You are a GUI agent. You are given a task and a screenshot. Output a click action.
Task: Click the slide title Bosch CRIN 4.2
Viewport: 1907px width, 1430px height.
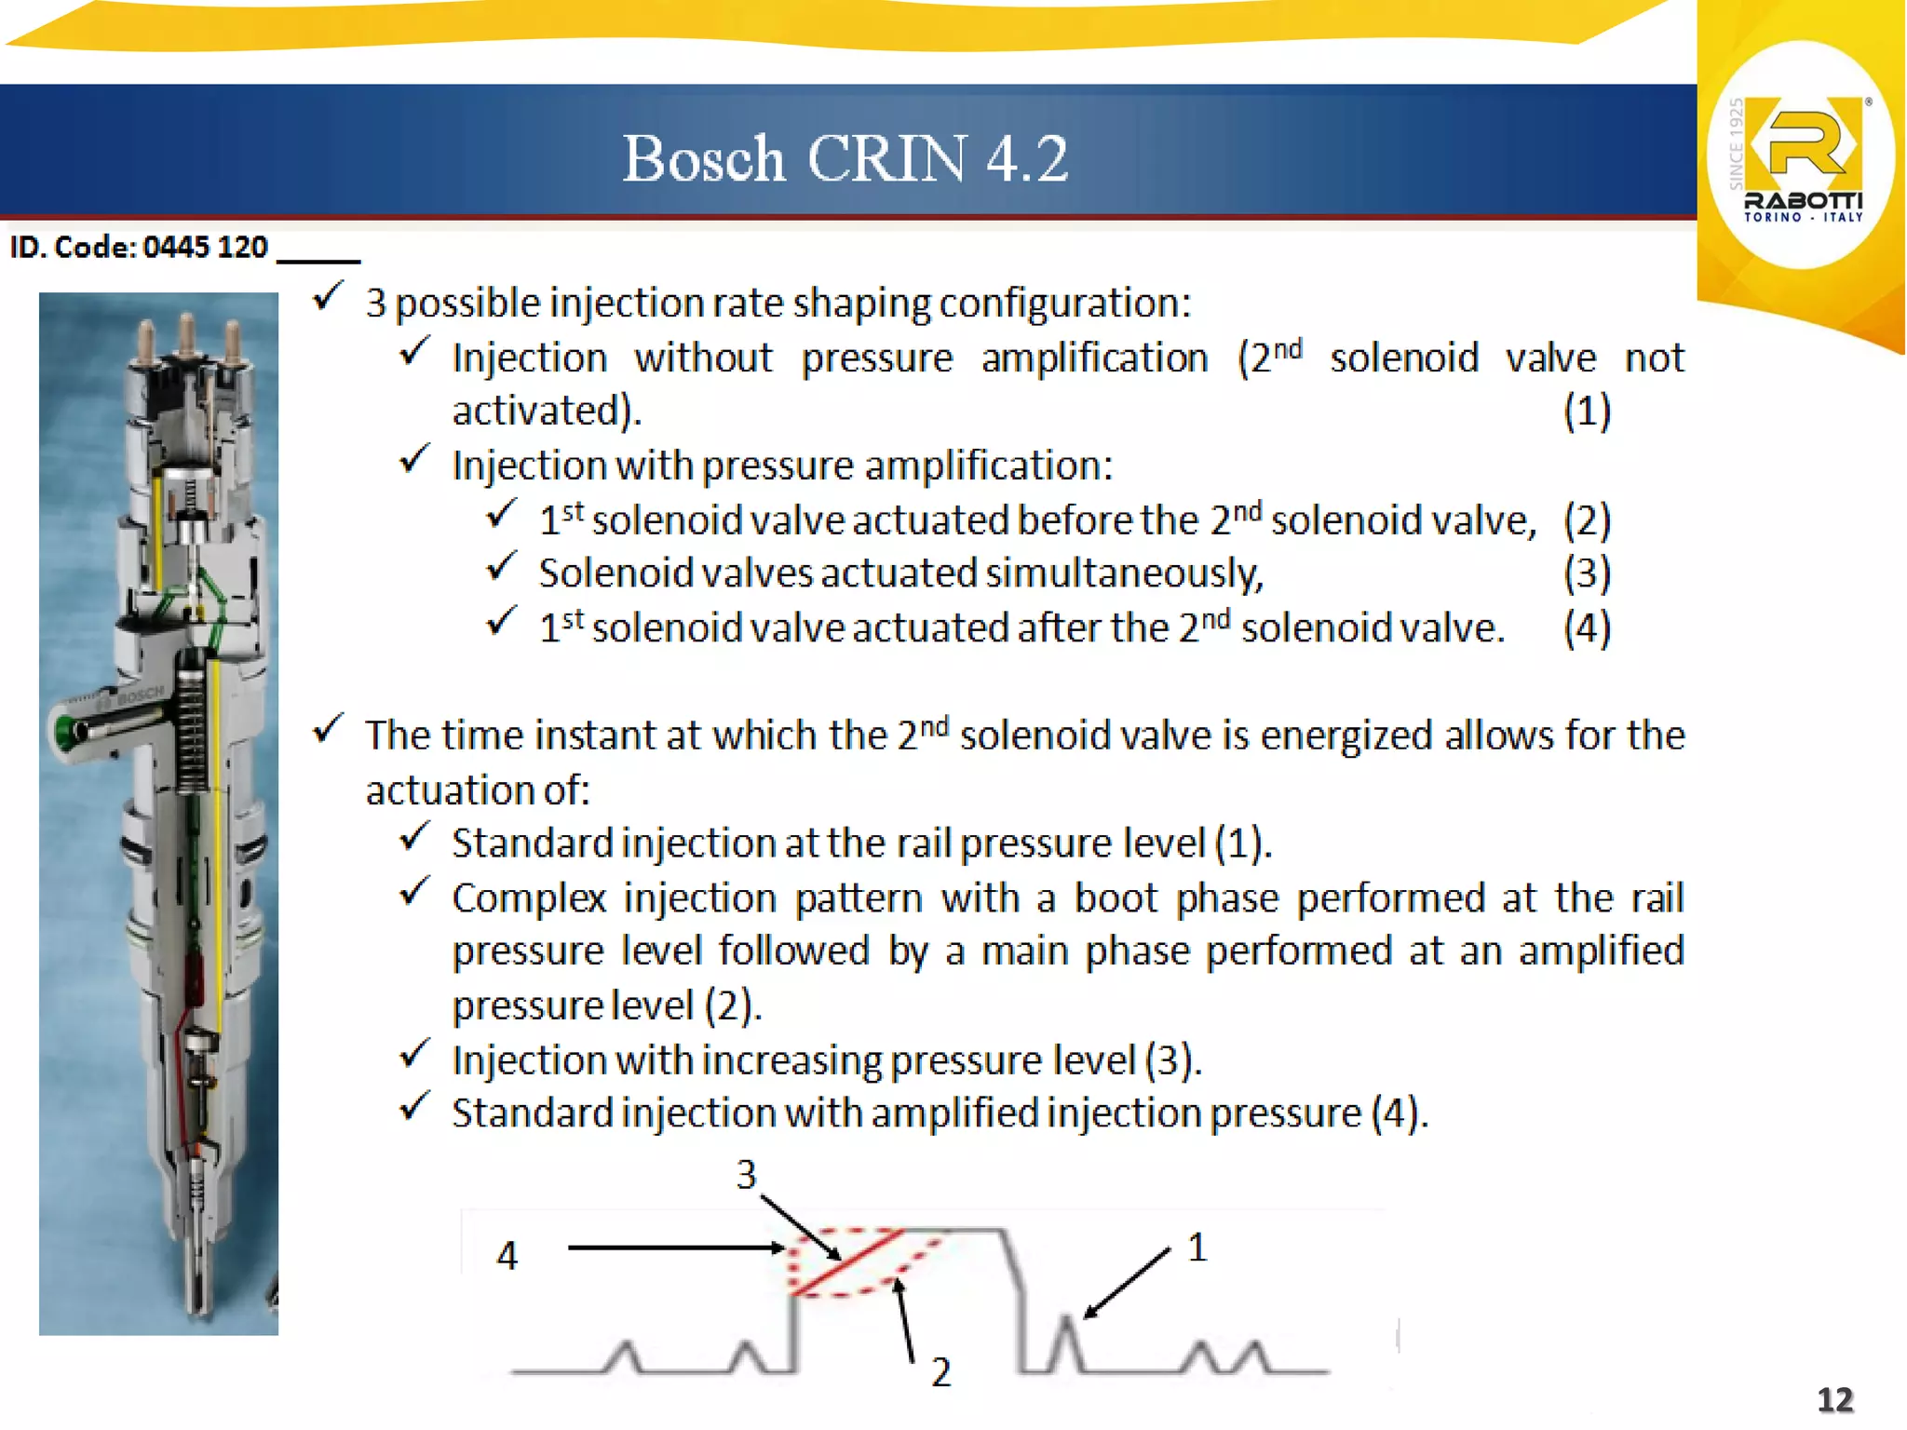[845, 158]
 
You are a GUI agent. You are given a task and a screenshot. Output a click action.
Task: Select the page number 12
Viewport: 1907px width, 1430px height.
[1835, 1399]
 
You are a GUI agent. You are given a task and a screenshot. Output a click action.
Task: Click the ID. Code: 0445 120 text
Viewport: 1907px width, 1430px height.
[139, 248]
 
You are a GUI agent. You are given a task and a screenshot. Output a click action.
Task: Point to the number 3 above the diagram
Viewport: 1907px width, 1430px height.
[746, 1175]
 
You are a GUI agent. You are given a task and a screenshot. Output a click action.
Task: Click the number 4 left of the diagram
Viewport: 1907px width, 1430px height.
[507, 1256]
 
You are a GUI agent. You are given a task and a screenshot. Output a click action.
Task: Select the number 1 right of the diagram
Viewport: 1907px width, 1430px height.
[1197, 1248]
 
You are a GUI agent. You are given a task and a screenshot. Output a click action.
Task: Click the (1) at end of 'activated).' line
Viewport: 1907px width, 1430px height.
[1587, 411]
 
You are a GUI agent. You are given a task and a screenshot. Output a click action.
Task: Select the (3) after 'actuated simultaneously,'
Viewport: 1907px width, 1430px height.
[1587, 573]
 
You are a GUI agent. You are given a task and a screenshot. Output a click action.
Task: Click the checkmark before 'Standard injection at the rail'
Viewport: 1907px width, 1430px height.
[414, 838]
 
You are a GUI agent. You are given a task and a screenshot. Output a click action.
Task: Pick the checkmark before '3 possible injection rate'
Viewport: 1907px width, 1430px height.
[328, 297]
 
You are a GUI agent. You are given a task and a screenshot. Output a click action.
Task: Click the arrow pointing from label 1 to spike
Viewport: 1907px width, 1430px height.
[1127, 1284]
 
